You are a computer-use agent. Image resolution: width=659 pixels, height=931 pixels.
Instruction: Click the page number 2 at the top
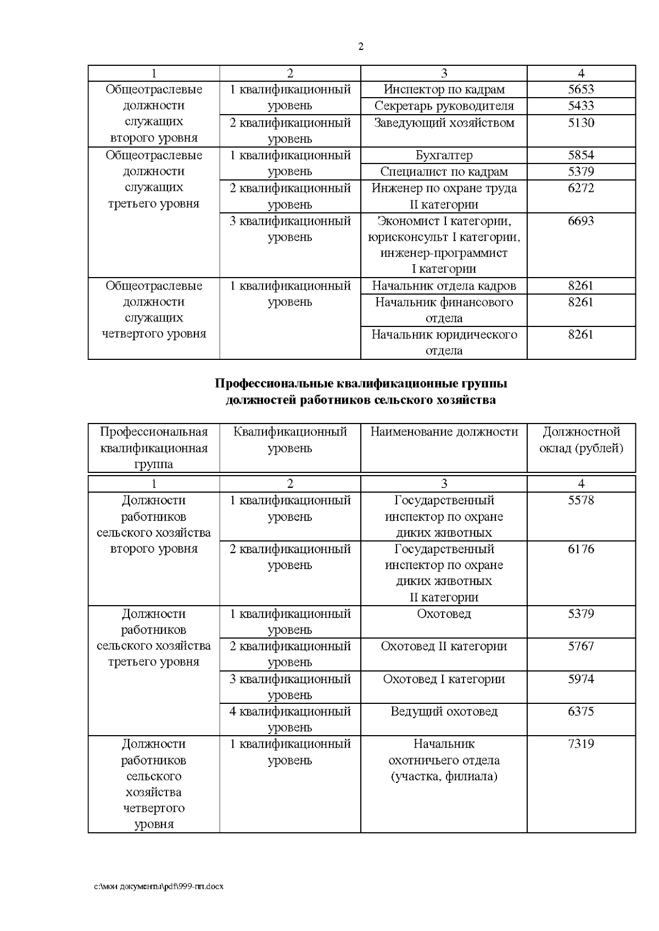coord(361,47)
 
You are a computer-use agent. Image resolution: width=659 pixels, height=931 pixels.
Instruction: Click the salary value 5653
coord(581,89)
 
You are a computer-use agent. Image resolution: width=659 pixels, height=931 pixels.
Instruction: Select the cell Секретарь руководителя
coord(444,106)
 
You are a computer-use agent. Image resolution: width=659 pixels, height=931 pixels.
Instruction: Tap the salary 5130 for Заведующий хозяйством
coord(581,122)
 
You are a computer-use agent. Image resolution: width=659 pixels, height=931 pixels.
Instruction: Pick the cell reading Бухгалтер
coord(444,155)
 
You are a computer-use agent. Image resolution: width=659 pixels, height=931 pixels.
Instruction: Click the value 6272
coord(581,188)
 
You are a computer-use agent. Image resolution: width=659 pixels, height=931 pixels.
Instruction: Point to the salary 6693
coord(581,221)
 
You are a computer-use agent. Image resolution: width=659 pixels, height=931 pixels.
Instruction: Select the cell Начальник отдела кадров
coord(444,286)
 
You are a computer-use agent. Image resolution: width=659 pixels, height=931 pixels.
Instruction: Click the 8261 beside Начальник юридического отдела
coord(581,335)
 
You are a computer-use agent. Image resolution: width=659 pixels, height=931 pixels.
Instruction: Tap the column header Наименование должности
coord(444,432)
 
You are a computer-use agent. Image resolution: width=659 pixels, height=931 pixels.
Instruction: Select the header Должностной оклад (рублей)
coord(581,440)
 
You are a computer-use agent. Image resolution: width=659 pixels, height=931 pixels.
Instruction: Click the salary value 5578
coord(581,500)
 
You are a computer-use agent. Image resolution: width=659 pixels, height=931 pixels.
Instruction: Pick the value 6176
coord(581,549)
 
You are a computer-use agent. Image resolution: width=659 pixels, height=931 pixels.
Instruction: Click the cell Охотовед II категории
coord(444,646)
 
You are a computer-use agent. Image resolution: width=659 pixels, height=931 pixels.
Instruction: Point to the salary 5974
coord(581,679)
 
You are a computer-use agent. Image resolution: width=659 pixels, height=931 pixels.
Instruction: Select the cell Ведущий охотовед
coord(444,712)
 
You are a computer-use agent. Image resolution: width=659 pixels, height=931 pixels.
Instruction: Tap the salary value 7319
coord(581,744)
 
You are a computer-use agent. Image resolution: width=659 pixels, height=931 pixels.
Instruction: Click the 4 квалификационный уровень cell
coord(290,719)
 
